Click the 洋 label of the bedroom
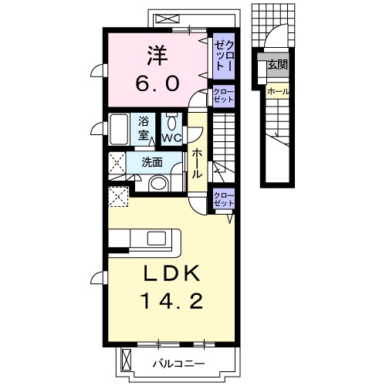(157, 56)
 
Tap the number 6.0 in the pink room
(157, 83)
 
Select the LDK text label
(171, 274)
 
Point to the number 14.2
(171, 301)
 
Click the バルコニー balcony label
(179, 364)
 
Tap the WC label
(171, 138)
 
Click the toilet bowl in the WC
(171, 123)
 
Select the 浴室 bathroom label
(144, 128)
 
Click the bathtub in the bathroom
(119, 130)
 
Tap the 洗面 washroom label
(152, 162)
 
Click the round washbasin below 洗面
(158, 183)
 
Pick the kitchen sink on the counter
(153, 238)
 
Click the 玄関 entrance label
(278, 65)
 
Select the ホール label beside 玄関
(278, 91)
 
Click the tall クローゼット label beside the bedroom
(224, 56)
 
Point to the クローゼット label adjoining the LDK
(224, 199)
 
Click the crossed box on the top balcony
(168, 19)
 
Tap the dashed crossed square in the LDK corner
(118, 196)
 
